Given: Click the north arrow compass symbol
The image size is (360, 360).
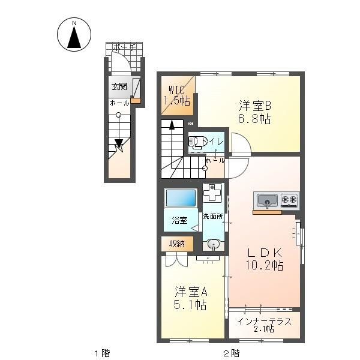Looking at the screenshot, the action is point(74,34).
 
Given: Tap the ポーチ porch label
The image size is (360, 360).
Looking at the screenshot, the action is point(124,47).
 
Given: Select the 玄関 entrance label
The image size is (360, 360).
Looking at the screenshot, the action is point(119,87).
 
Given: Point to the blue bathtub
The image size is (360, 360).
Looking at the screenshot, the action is point(181,197).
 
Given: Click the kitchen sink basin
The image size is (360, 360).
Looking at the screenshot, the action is point(267,200).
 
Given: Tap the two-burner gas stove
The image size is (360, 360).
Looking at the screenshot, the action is point(289,200).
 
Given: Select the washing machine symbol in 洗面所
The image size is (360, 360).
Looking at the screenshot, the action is point(212,193).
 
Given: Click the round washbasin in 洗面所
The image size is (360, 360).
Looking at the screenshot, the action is point(214,244).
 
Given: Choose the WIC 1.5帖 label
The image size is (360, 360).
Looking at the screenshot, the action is point(177,95).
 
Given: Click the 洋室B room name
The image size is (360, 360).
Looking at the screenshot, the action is point(255,106).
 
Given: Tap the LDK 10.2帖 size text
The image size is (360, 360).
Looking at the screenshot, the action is point(265,265).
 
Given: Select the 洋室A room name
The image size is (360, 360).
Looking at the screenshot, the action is point(191,292).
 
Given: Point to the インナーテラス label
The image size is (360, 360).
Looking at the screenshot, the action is point(264,322).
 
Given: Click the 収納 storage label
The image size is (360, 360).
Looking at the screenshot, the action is point(177,244).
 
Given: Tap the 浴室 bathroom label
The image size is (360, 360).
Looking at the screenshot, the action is point(179,220).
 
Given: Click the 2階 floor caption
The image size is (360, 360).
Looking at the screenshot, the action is point(232,353).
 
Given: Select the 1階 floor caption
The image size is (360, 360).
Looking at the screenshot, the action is point(102,353).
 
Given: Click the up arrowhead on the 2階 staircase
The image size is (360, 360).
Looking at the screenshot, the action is point(172,125).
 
